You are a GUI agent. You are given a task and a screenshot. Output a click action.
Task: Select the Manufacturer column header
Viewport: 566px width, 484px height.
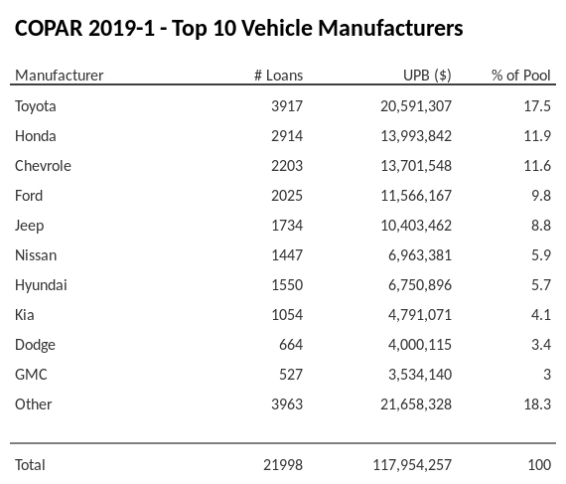tap(59, 76)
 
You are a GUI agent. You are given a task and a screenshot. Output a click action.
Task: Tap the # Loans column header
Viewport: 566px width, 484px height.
tap(278, 76)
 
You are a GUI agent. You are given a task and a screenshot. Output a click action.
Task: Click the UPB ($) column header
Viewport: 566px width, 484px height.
tap(427, 76)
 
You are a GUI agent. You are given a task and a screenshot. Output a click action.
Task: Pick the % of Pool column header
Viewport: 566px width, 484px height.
tap(520, 76)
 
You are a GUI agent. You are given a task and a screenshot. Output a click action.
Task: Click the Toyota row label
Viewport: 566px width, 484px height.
tap(36, 106)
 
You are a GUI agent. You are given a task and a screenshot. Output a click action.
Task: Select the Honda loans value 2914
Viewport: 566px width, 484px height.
tap(286, 136)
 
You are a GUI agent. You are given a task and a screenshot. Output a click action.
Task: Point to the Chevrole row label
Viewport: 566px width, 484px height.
tap(43, 166)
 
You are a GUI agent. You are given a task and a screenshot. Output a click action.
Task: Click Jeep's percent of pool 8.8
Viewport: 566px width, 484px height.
tap(540, 226)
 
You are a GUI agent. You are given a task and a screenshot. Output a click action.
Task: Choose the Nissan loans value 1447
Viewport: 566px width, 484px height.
tap(286, 255)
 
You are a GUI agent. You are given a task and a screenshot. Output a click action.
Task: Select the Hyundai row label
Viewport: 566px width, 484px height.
tap(42, 285)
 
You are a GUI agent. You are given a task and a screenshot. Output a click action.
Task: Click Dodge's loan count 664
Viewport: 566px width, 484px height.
tap(291, 345)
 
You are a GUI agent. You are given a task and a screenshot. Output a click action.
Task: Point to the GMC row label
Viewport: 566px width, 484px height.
tap(31, 375)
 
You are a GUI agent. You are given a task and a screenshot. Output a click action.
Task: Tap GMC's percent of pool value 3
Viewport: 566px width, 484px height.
tap(546, 375)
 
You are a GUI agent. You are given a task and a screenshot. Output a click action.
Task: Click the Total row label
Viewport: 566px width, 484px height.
tap(30, 464)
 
